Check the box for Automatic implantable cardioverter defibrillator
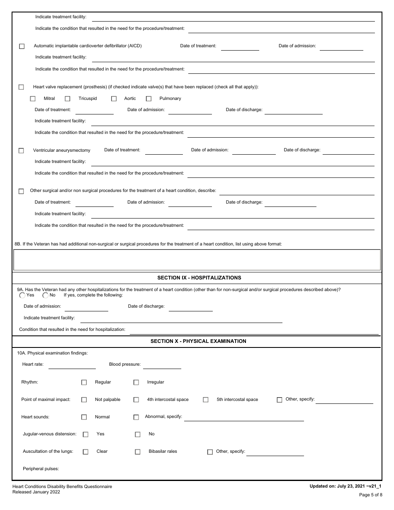tap(22, 46)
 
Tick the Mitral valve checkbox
tap(33, 99)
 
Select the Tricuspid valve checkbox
tap(68, 99)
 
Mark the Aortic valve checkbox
tap(114, 99)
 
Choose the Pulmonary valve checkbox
tap(149, 99)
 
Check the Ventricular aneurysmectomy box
tap(21, 151)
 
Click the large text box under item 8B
tap(197, 260)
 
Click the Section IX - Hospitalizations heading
tap(199, 278)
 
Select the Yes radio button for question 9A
tap(22, 296)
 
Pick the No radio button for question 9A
tap(45, 296)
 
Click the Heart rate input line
tap(72, 365)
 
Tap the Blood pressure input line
tap(162, 365)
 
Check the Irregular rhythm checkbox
tap(136, 382)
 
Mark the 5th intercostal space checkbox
tap(206, 400)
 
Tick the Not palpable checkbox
tap(84, 400)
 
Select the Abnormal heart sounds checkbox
tap(136, 417)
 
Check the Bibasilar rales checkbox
tap(138, 452)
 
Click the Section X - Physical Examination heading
tap(198, 341)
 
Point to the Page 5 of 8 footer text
tap(370, 495)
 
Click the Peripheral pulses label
tap(41, 469)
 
